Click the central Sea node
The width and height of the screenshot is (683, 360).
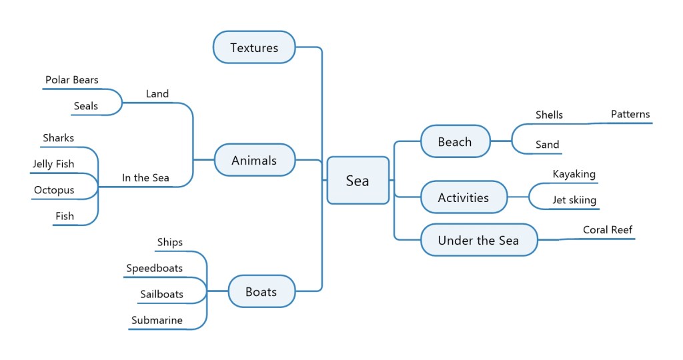[x=358, y=180]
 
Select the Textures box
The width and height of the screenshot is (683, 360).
[x=254, y=47]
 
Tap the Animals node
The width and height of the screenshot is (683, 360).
[x=254, y=160]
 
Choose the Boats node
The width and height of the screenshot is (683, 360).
[x=261, y=291]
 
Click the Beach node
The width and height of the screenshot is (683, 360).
[x=455, y=141]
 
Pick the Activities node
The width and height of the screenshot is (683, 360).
[x=464, y=197]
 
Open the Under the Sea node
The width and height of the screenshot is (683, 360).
[x=478, y=240]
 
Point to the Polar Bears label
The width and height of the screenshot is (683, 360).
[x=72, y=80]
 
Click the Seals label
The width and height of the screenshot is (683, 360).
[x=86, y=106]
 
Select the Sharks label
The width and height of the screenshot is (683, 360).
[x=59, y=138]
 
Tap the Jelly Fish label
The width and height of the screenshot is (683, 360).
[x=53, y=164]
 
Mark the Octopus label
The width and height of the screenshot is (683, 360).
[x=54, y=190]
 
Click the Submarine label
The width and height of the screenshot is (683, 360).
[x=157, y=320]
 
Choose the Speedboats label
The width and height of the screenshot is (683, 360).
[x=154, y=268]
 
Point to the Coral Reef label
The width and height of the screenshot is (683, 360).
[x=608, y=230]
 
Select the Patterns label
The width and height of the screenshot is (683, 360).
[x=630, y=114]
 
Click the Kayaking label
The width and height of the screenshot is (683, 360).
[x=574, y=174]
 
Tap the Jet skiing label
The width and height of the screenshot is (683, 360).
[x=574, y=200]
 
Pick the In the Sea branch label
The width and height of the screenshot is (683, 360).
[x=145, y=178]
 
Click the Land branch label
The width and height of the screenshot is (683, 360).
[x=157, y=94]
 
